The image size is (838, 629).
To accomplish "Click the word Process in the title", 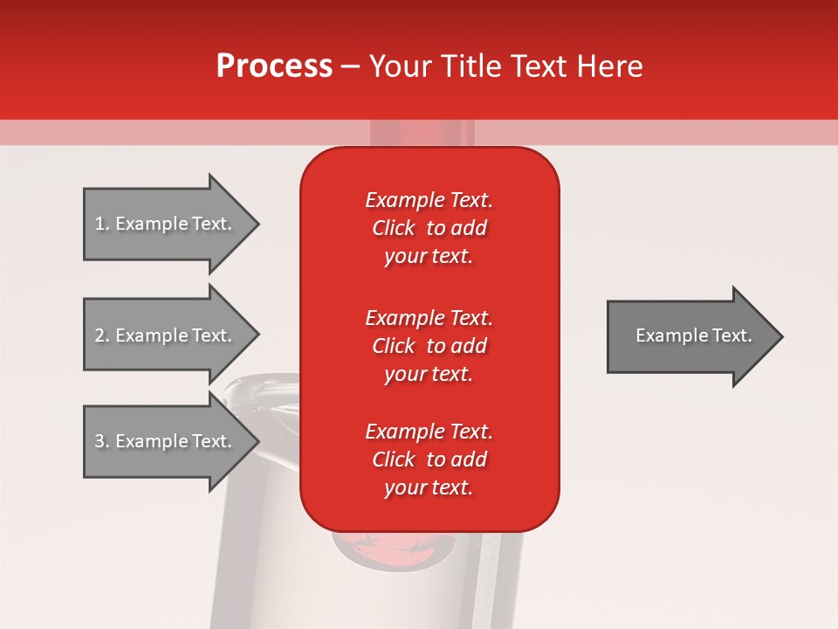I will (274, 66).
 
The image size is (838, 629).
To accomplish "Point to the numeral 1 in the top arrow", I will (100, 224).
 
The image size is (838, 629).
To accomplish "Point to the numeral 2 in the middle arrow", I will (100, 335).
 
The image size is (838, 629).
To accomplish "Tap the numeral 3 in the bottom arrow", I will (100, 441).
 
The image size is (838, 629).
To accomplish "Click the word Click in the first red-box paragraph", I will (393, 228).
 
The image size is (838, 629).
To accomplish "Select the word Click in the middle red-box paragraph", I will (393, 346).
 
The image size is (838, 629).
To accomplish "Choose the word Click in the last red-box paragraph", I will (393, 460).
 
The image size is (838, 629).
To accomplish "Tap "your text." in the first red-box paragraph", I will (429, 256).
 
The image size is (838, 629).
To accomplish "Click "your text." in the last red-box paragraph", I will (429, 487).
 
